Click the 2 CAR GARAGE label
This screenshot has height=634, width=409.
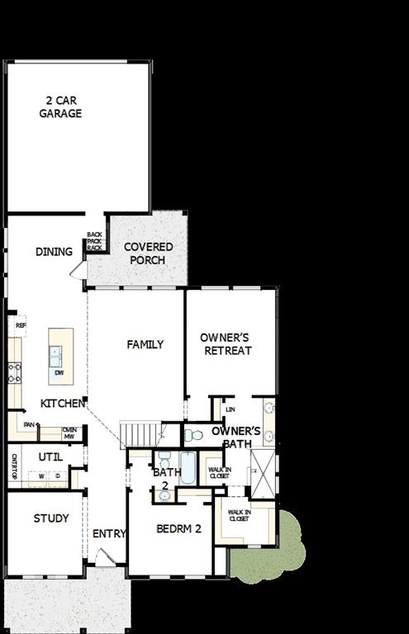(x=60, y=107)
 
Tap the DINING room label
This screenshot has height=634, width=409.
(x=54, y=252)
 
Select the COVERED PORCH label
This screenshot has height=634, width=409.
(x=148, y=253)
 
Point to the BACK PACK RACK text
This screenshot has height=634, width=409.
(x=94, y=241)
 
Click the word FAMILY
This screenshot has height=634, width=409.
(x=145, y=344)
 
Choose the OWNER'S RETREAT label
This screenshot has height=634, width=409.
(x=226, y=344)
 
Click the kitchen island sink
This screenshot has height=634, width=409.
(x=55, y=357)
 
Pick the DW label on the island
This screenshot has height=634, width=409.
(x=59, y=373)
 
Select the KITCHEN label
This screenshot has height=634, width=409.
(x=63, y=404)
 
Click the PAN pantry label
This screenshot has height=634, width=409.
(x=29, y=425)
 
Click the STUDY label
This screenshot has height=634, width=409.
(x=51, y=518)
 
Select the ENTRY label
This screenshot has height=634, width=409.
(x=109, y=534)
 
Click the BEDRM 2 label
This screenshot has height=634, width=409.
(x=179, y=528)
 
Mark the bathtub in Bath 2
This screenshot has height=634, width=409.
(x=188, y=468)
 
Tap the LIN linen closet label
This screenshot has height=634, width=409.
(x=231, y=409)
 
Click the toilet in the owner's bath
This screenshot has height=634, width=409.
(x=193, y=434)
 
